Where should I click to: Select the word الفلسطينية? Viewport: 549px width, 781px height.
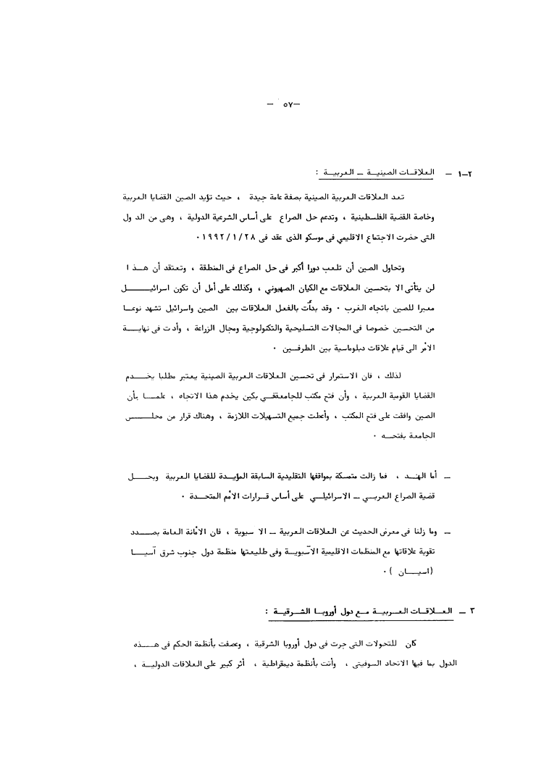coord(401,216)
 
